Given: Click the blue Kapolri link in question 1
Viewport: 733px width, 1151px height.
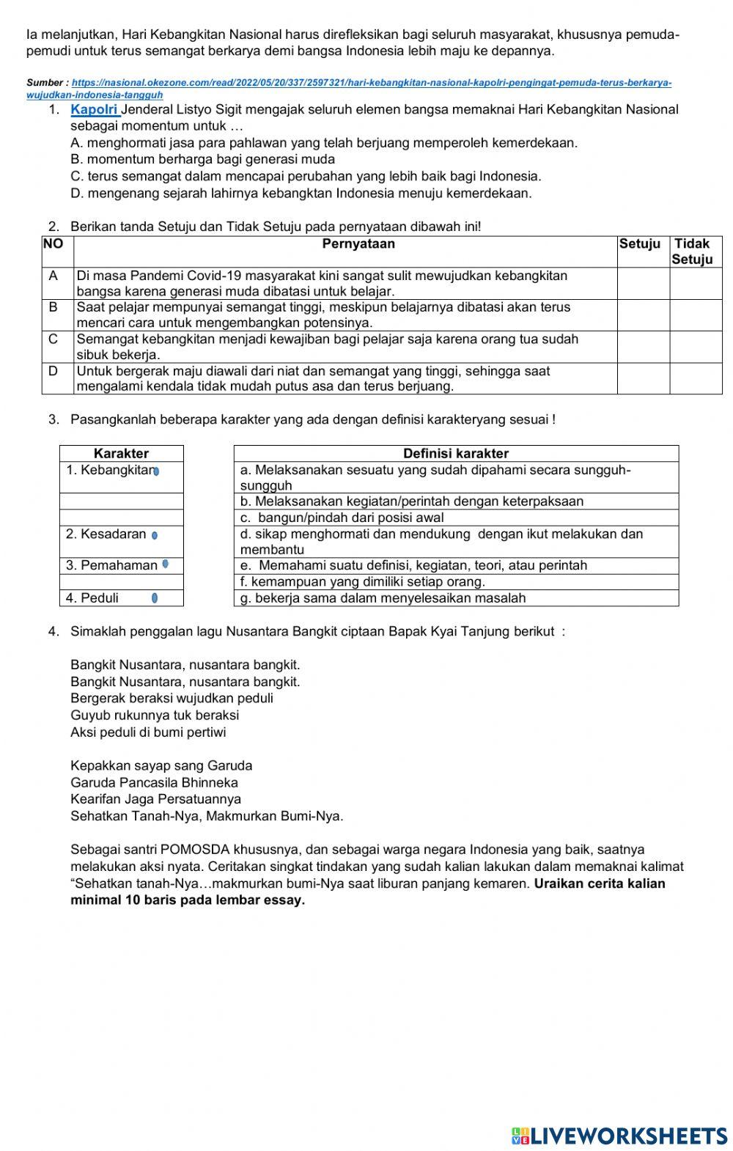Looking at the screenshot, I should (95, 110).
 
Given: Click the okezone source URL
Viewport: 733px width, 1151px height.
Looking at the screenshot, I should (349, 84).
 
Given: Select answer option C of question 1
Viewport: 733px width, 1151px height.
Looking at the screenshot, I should (306, 177).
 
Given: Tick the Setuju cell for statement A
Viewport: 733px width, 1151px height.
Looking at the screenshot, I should (643, 284).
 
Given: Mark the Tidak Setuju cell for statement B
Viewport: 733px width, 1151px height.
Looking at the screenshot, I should (696, 315).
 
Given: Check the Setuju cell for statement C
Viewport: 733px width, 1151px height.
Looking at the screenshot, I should (643, 347).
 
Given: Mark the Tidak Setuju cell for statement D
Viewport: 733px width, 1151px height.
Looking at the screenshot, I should (696, 378).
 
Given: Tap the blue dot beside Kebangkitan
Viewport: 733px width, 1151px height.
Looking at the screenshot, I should (156, 471).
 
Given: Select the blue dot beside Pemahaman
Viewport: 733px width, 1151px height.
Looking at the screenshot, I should (166, 564).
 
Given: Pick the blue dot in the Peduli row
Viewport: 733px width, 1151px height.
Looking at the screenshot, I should (155, 598).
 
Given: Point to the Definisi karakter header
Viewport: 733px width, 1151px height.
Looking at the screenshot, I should (455, 454).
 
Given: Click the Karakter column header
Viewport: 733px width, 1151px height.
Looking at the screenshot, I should (121, 454).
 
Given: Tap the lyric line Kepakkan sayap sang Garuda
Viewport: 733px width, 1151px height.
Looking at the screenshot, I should (161, 766).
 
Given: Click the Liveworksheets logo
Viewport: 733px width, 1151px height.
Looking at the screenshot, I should (619, 1136).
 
